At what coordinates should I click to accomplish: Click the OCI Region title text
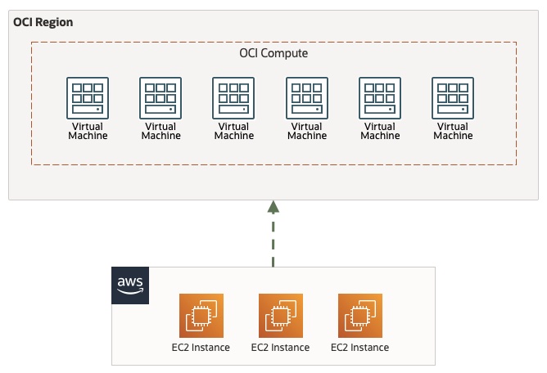(x=43, y=22)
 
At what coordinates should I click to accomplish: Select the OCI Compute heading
(x=273, y=53)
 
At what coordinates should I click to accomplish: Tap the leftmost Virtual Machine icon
(x=87, y=98)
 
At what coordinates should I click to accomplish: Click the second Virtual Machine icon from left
(x=160, y=98)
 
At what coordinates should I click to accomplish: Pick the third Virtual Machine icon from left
(x=233, y=98)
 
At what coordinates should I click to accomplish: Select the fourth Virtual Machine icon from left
(x=307, y=98)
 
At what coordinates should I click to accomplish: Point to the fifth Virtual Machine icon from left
(x=380, y=98)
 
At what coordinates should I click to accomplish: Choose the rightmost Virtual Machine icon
(x=453, y=98)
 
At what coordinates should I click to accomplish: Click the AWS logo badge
(x=130, y=285)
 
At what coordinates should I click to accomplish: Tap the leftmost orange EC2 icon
(x=201, y=315)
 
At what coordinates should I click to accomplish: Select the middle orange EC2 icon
(x=280, y=315)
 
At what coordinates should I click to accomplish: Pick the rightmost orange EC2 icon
(x=359, y=315)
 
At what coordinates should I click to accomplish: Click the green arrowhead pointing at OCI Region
(x=273, y=208)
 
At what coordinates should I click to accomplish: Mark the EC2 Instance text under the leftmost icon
(x=201, y=348)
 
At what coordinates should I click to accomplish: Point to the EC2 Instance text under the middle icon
(x=280, y=348)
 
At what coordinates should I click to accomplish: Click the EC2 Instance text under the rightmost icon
(x=359, y=348)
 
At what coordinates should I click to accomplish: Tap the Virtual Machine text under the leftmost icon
(x=87, y=131)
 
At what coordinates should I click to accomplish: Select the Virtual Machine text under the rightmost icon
(x=453, y=131)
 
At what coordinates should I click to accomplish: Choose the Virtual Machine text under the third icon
(x=233, y=131)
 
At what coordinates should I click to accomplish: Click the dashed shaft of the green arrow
(x=273, y=241)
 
